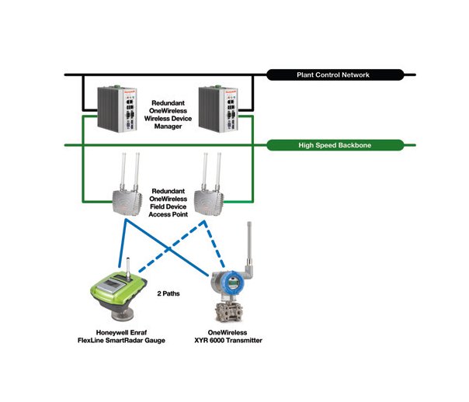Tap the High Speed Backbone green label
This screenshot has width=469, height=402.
pos(333,144)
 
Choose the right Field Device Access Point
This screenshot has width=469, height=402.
pos(206,201)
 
